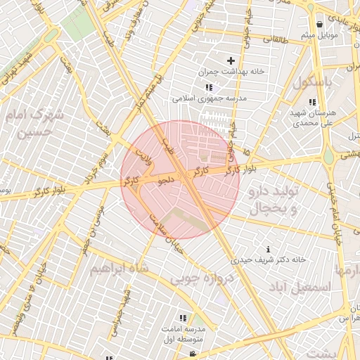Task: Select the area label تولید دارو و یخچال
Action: pyautogui.click(x=275, y=200)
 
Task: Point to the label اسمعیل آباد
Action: pyautogui.click(x=304, y=287)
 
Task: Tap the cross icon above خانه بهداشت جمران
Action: pyautogui.click(x=231, y=61)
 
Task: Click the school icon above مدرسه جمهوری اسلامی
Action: pyautogui.click(x=209, y=87)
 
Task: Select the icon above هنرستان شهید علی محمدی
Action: pyautogui.click(x=312, y=102)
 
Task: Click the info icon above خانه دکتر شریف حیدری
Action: pyautogui.click(x=269, y=249)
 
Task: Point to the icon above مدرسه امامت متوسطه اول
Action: pyautogui.click(x=184, y=318)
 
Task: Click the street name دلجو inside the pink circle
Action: pyautogui.click(x=167, y=181)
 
